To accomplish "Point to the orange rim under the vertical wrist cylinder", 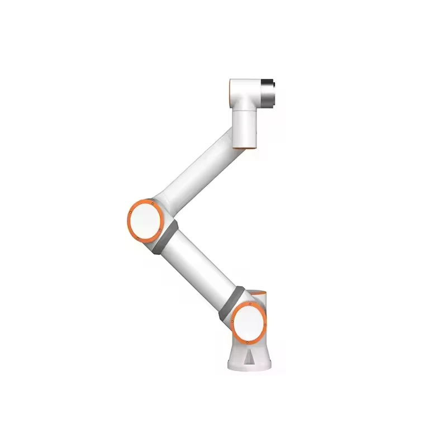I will [x=246, y=148].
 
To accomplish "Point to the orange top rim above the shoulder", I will [x=257, y=292].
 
